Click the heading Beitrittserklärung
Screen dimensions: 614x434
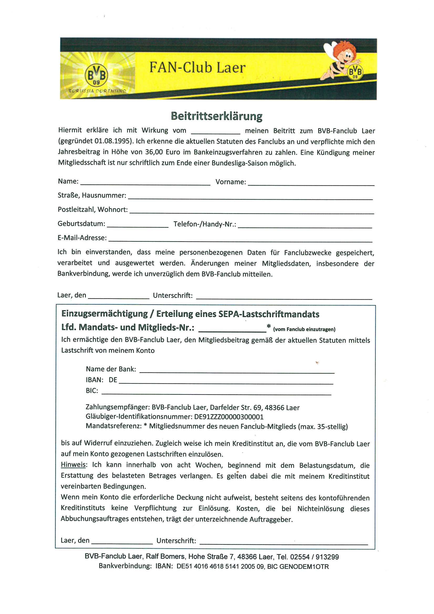tap(217, 116)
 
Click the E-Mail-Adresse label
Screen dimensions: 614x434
tap(82, 238)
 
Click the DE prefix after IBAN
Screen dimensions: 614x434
tap(113, 380)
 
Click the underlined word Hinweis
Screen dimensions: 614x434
tap(73, 465)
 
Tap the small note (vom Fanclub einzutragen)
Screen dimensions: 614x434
tap(304, 330)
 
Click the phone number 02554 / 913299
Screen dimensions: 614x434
tap(315, 557)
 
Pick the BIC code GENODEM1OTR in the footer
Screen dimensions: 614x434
tap(304, 567)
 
